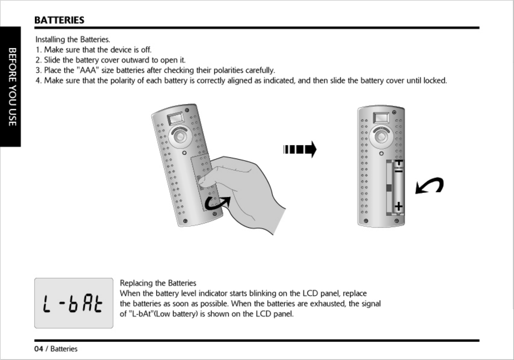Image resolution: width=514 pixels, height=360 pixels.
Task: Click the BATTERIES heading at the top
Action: [59, 20]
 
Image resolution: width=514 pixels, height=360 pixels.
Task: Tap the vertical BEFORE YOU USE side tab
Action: [12, 87]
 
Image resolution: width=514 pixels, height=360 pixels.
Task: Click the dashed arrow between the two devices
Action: [300, 150]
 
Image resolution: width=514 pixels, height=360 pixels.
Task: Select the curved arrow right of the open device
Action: [429, 186]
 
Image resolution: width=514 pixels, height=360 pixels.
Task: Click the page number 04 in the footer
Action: [39, 349]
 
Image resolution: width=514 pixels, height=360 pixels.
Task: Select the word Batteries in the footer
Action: [64, 349]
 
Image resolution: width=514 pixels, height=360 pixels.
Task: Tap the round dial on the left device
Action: [180, 136]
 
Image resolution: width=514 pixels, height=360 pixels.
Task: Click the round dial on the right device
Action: [382, 136]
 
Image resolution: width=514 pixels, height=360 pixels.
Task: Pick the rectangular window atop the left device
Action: [176, 118]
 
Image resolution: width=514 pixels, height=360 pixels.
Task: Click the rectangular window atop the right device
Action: [381, 118]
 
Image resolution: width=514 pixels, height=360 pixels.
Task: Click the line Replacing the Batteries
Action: [158, 283]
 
